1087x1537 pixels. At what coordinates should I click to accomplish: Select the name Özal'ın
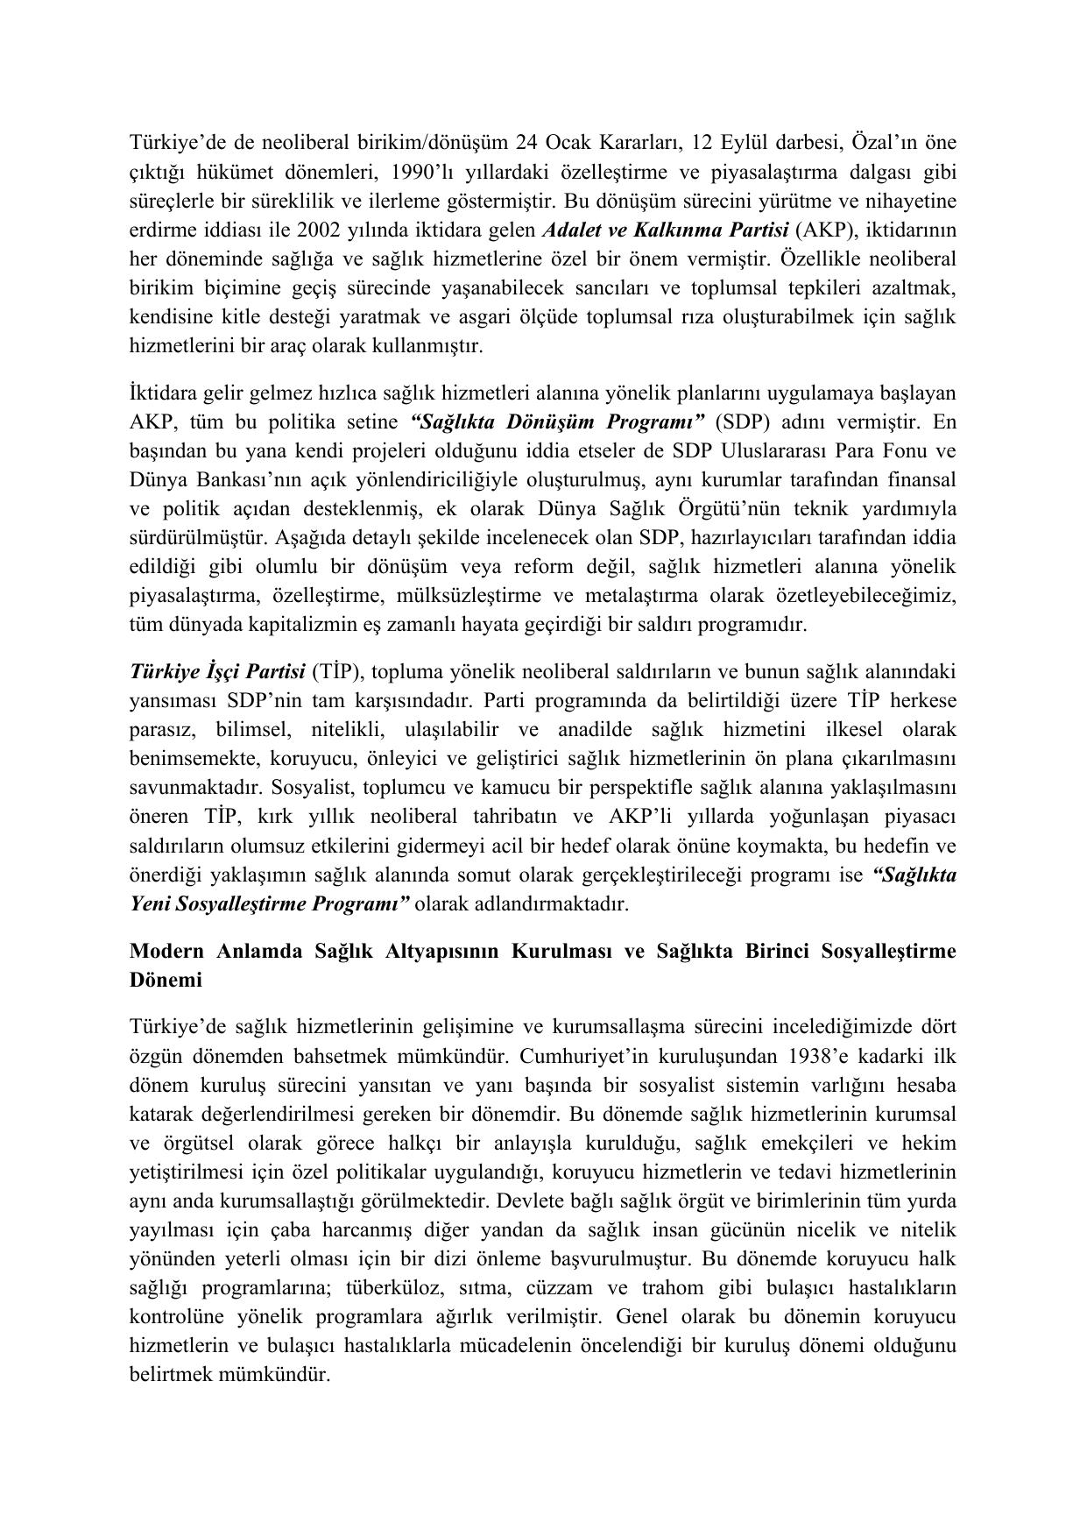888,143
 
